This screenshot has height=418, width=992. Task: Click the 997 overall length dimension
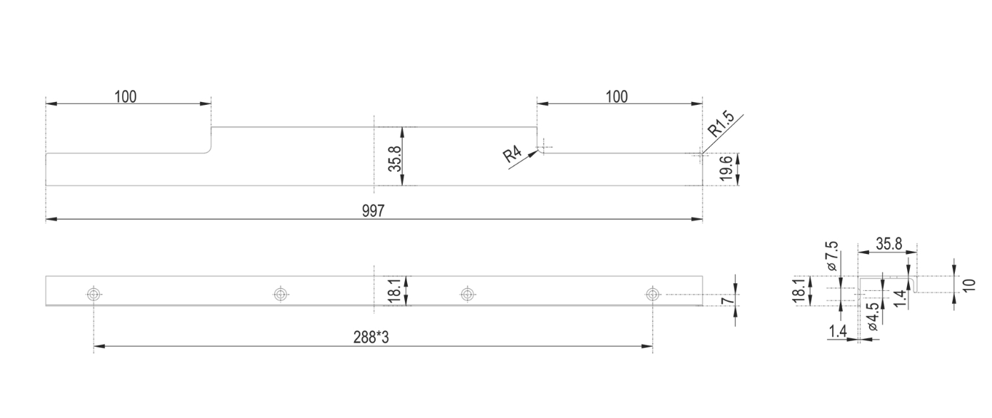(373, 210)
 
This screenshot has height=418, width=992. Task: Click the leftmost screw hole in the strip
(94, 294)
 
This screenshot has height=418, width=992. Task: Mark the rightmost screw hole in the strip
(652, 294)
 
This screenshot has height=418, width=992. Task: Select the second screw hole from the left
(280, 294)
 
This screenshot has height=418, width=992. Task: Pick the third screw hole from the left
(466, 294)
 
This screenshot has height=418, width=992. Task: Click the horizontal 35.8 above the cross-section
(888, 244)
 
